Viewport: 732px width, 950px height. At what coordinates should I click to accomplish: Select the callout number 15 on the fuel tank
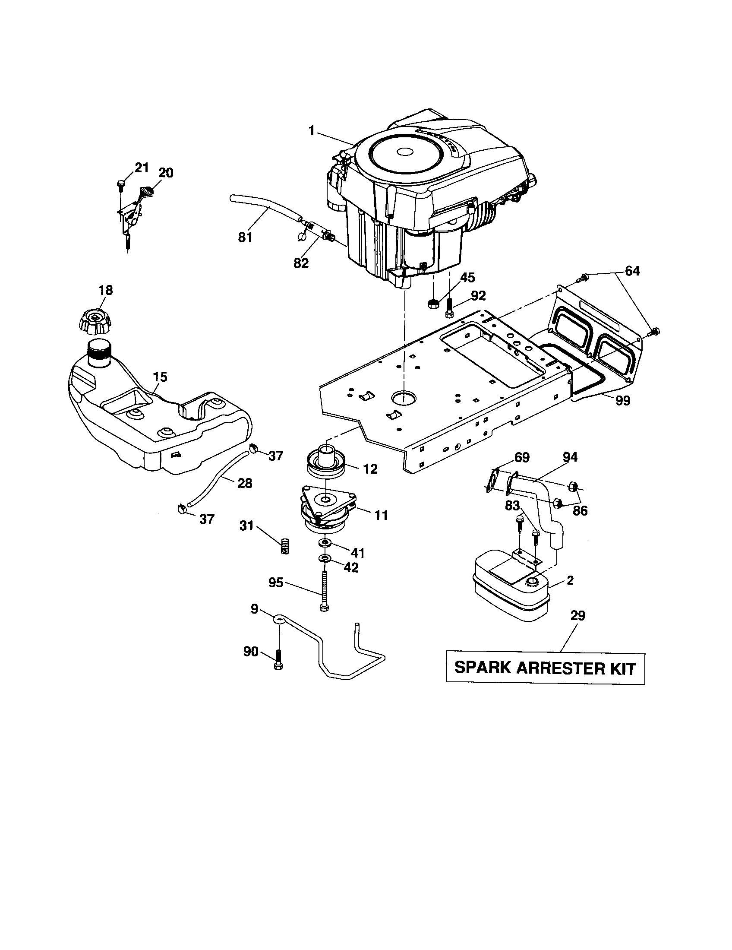(160, 377)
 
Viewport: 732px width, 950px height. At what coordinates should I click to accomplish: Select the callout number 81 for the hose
(246, 237)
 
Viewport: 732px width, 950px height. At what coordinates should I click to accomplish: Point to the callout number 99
(622, 400)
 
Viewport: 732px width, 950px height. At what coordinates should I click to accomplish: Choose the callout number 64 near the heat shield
(632, 271)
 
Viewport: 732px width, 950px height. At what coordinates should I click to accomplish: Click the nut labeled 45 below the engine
(432, 303)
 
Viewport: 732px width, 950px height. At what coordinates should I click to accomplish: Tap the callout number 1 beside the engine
(311, 130)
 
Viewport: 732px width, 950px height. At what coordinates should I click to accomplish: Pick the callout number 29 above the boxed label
(577, 616)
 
